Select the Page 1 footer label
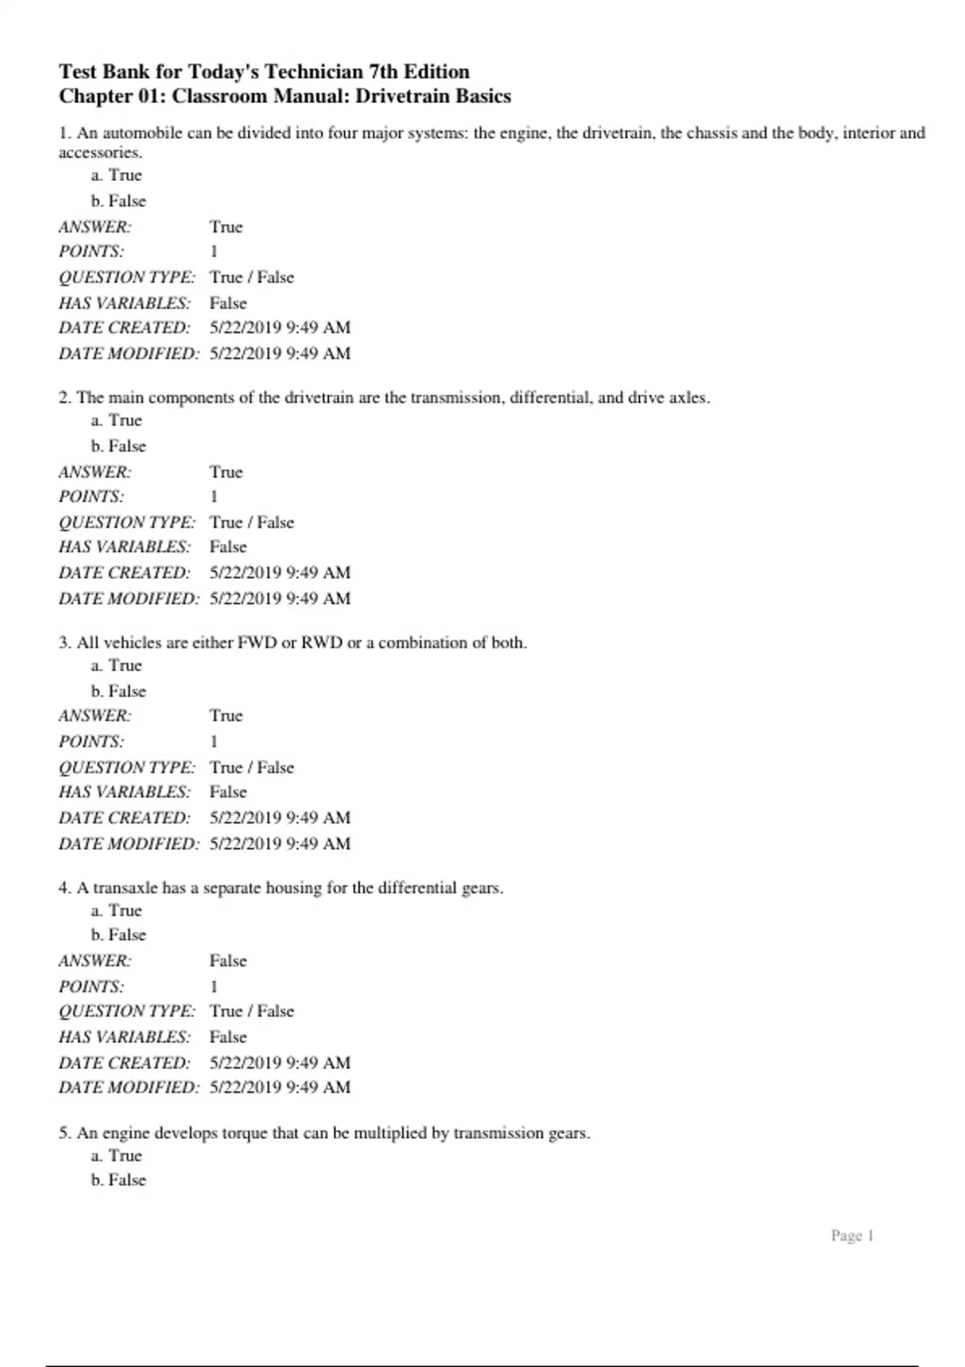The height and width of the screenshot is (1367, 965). (852, 1235)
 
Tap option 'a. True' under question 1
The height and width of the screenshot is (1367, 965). (117, 175)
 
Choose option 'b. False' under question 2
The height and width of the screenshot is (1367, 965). (118, 445)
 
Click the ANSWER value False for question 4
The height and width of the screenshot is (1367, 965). (228, 960)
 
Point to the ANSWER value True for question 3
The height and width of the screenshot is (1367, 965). (226, 715)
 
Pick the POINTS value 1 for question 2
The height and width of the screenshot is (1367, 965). (214, 496)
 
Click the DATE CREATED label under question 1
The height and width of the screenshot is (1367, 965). (124, 327)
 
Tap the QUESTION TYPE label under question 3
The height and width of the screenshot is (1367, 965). (126, 767)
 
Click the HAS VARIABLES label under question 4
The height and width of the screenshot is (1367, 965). (124, 1037)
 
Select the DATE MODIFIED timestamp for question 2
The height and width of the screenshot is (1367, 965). (280, 598)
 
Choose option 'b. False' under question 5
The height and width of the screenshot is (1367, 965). (118, 1180)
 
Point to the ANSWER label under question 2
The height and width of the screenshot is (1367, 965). (94, 472)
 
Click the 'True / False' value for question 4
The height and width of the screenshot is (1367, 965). (252, 1011)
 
